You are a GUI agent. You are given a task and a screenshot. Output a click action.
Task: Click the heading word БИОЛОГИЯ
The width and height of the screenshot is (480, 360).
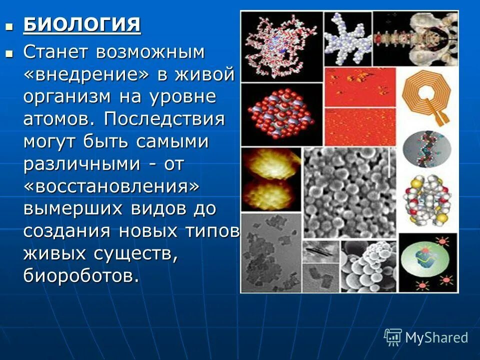[x=82, y=24]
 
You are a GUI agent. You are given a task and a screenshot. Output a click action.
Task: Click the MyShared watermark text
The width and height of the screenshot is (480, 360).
[x=436, y=337]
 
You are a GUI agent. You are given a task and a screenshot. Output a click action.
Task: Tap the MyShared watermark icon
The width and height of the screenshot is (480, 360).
[x=393, y=337]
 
